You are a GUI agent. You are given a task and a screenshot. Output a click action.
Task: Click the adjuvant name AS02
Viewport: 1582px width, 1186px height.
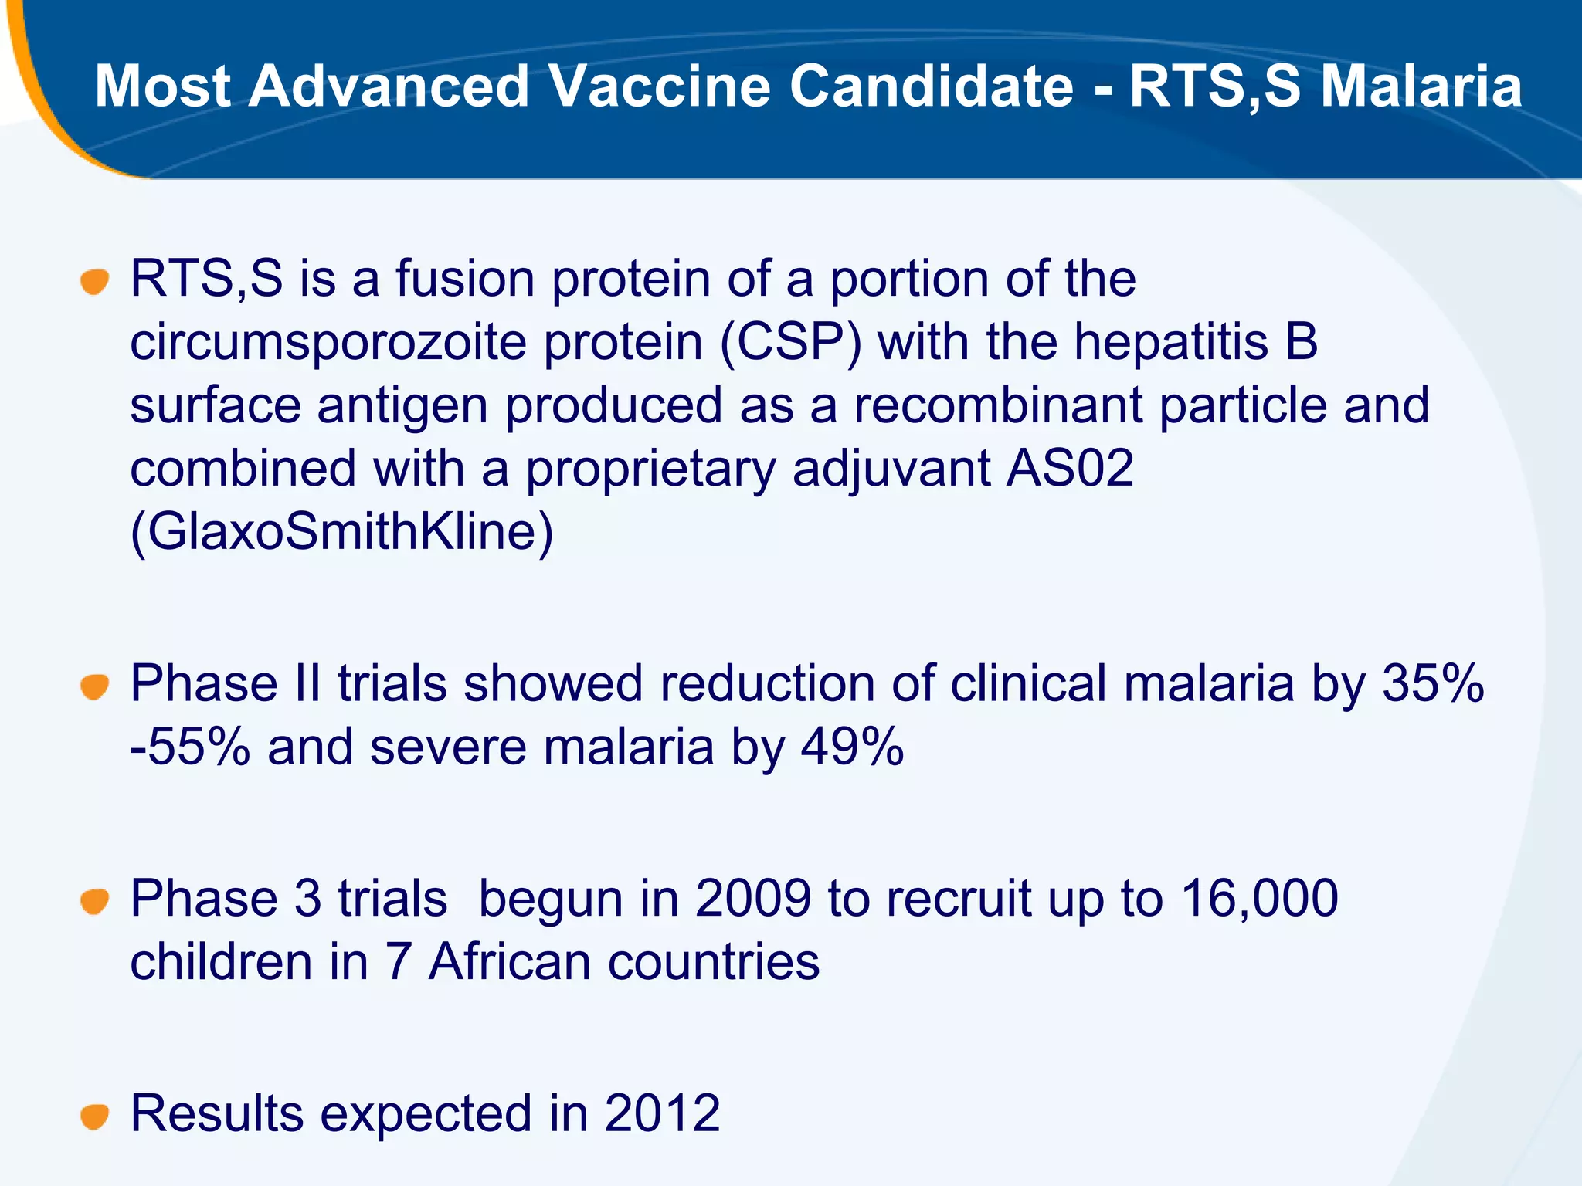click(1069, 469)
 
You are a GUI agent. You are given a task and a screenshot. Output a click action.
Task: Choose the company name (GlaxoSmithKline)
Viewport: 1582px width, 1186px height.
click(341, 532)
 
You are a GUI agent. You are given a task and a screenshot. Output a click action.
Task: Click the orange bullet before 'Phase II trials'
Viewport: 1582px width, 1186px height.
click(94, 686)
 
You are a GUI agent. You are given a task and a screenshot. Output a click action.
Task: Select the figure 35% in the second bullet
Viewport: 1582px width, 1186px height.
click(1433, 684)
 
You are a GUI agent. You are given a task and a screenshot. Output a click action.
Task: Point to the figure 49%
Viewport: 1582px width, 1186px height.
click(852, 747)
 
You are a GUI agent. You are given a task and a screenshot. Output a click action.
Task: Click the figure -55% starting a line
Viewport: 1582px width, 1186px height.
click(190, 747)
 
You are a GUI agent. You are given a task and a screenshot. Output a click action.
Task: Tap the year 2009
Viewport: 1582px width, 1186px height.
click(753, 899)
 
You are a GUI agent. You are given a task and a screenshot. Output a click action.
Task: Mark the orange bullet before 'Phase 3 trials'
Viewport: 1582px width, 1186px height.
click(94, 901)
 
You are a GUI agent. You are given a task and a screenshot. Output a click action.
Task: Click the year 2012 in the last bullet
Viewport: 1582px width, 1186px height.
click(662, 1113)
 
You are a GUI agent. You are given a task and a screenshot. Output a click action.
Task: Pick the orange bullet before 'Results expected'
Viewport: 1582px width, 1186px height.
click(94, 1116)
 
